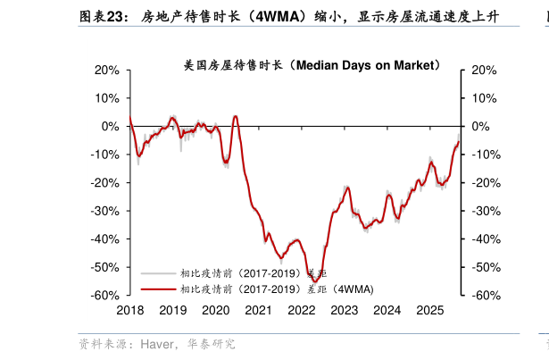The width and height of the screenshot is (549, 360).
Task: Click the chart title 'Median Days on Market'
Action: click(312, 65)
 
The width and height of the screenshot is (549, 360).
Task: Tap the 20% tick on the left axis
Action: click(107, 70)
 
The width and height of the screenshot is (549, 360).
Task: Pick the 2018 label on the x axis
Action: click(129, 310)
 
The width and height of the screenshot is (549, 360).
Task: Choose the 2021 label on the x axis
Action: click(258, 310)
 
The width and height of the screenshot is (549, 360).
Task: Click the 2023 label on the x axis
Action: click(344, 310)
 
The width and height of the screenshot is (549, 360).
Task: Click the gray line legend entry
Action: click(254, 272)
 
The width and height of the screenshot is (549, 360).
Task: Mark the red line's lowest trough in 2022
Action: click(316, 281)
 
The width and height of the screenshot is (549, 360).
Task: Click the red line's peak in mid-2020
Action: click(235, 115)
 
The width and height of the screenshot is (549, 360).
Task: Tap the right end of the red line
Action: click(459, 140)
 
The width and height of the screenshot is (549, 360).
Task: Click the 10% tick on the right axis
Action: click(480, 98)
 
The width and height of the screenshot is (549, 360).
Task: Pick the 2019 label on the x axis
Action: click(172, 310)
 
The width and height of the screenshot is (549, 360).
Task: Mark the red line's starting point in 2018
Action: click(130, 118)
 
